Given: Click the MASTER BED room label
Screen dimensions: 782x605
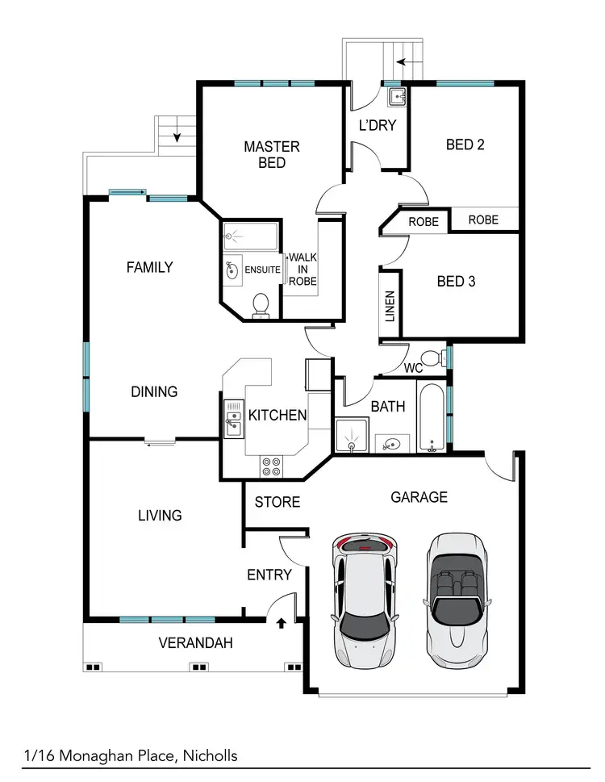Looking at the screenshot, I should [x=272, y=154].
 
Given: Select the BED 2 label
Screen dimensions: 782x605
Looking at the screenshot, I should [x=465, y=145].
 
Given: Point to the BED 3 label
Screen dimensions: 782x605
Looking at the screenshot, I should [x=456, y=282].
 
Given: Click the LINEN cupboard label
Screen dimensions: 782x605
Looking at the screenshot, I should [x=390, y=307].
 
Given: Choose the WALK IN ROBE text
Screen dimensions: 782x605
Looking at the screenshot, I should [x=302, y=269].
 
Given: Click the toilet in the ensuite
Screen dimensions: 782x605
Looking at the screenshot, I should [x=261, y=304].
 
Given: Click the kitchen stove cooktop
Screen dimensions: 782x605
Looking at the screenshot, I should [x=271, y=466].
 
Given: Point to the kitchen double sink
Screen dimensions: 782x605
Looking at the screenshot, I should [x=232, y=418].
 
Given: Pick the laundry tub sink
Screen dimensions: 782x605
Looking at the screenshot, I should [x=396, y=98].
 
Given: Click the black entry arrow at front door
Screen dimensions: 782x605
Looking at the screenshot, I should [x=282, y=622].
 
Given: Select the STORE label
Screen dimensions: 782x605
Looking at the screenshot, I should [x=277, y=502].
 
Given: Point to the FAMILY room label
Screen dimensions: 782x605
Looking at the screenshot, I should [x=150, y=267].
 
